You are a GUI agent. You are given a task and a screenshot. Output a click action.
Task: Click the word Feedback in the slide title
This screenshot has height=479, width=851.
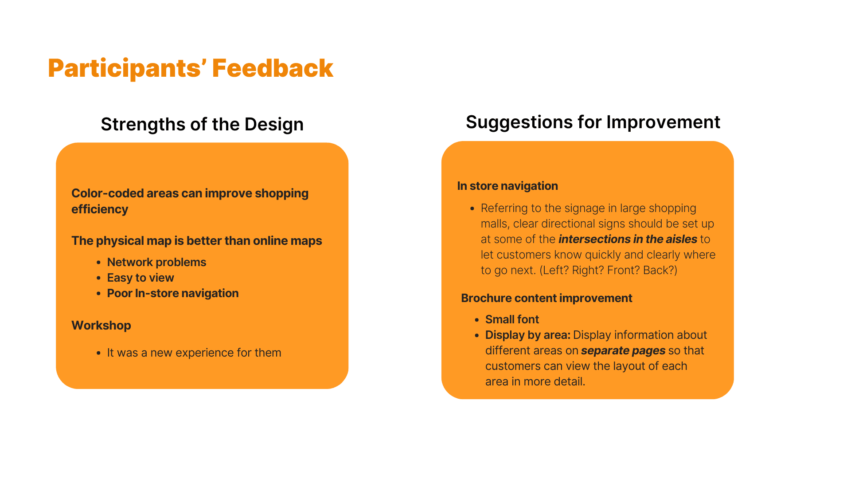pyautogui.click(x=273, y=68)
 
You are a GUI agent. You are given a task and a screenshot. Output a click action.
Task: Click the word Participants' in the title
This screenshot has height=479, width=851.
pyautogui.click(x=127, y=69)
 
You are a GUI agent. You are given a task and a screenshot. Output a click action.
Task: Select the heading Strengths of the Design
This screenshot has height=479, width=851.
pyautogui.click(x=202, y=125)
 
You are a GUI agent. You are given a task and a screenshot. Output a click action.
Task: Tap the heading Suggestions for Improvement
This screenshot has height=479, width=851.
pyautogui.click(x=593, y=122)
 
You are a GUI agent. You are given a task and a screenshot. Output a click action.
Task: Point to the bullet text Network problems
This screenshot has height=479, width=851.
pyautogui.click(x=156, y=262)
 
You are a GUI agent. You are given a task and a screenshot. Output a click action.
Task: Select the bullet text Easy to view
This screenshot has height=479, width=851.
pyautogui.click(x=141, y=278)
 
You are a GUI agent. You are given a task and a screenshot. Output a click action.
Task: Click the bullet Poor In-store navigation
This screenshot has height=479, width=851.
pyautogui.click(x=173, y=293)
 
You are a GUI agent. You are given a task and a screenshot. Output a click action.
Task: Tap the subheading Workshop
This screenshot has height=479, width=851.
pyautogui.click(x=101, y=326)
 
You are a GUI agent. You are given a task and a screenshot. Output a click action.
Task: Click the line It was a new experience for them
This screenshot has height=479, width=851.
pyautogui.click(x=194, y=353)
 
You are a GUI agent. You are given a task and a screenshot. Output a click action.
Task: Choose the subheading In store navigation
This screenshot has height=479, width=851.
pyautogui.click(x=507, y=186)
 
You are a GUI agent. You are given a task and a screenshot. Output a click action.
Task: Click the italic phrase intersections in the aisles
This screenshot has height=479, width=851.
pyautogui.click(x=628, y=239)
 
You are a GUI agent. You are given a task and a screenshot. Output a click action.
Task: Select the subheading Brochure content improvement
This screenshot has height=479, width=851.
pyautogui.click(x=547, y=298)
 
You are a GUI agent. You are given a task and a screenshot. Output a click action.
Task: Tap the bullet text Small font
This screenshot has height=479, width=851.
pyautogui.click(x=512, y=319)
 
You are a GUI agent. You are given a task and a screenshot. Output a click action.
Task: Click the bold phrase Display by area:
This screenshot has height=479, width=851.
pyautogui.click(x=528, y=335)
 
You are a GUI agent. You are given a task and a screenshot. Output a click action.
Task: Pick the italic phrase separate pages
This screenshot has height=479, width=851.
pyautogui.click(x=623, y=351)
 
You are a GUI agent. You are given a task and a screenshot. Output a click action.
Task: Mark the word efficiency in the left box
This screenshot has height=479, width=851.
pyautogui.click(x=100, y=209)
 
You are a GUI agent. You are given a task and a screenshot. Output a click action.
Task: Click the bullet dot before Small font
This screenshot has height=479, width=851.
pyautogui.click(x=476, y=320)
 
